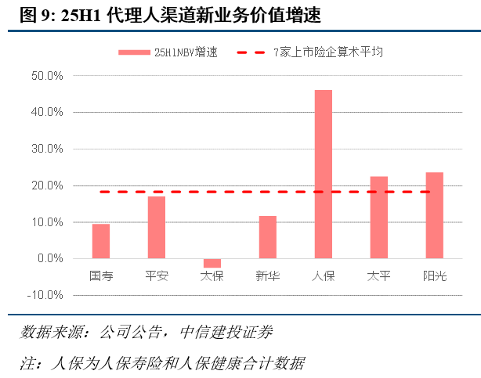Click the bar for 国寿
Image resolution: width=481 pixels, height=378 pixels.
[x=101, y=241]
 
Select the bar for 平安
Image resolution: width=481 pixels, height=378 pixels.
[x=157, y=227]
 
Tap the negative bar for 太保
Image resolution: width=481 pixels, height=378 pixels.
[x=212, y=263]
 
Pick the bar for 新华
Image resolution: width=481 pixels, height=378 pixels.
[x=268, y=237]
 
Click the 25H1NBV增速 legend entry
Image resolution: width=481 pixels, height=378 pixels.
[x=168, y=52]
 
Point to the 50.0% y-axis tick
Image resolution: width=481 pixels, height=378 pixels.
[x=47, y=76]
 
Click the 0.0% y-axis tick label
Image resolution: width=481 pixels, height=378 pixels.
[x=49, y=258]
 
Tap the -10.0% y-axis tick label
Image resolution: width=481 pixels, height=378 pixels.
[x=46, y=295]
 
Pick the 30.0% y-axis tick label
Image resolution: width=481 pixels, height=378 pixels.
[x=47, y=149]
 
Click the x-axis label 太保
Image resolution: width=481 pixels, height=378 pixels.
[x=212, y=275]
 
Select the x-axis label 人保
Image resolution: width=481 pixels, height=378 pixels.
[x=324, y=275]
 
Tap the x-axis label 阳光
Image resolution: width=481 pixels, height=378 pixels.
[x=435, y=275]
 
